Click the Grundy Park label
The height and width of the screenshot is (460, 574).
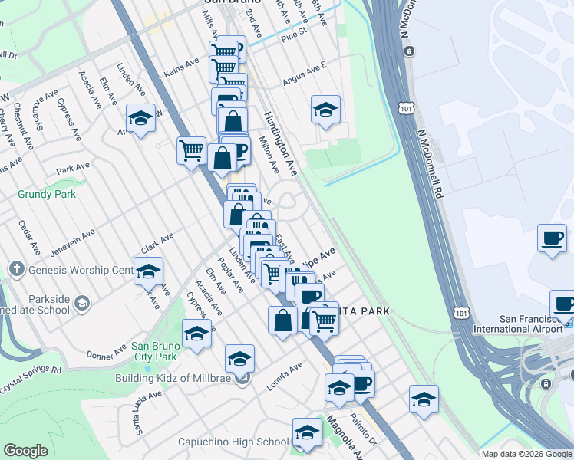47,194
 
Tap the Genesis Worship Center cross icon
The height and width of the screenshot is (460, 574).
17,270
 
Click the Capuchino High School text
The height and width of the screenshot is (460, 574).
233,442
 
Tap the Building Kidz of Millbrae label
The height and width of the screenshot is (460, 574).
177,378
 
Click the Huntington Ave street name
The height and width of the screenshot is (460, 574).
280,143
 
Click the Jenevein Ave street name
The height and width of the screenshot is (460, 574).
73,242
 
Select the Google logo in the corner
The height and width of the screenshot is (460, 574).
25,451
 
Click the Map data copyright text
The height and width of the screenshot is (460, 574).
526,454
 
